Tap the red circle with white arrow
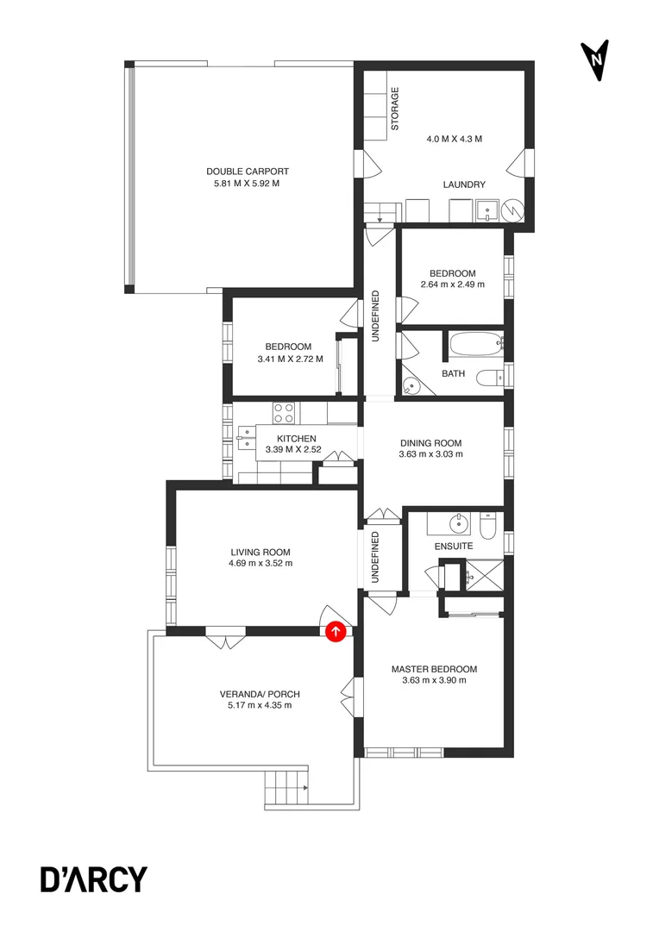[x=336, y=632]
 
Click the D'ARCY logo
[x=94, y=879]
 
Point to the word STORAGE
[x=395, y=109]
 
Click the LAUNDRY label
[x=464, y=184]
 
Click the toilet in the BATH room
[x=492, y=376]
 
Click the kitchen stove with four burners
[x=285, y=413]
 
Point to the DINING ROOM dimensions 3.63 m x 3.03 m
[x=430, y=454]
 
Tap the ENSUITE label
[x=454, y=546]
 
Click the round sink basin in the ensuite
[x=458, y=522]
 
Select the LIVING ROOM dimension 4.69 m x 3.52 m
[x=260, y=565]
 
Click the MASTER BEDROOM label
[x=434, y=669]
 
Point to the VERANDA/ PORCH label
[x=259, y=694]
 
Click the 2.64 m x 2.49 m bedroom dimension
[x=452, y=284]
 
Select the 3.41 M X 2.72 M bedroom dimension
[x=290, y=359]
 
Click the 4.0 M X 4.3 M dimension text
[x=454, y=139]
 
